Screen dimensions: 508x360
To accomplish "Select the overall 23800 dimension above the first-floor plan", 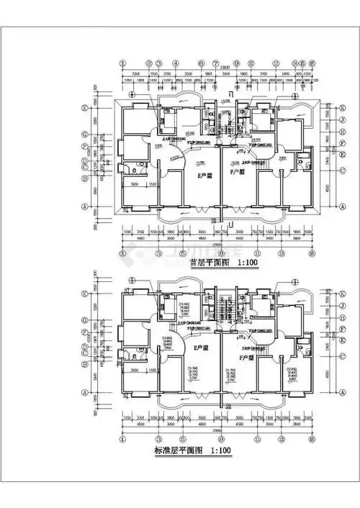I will pos(216,67).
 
